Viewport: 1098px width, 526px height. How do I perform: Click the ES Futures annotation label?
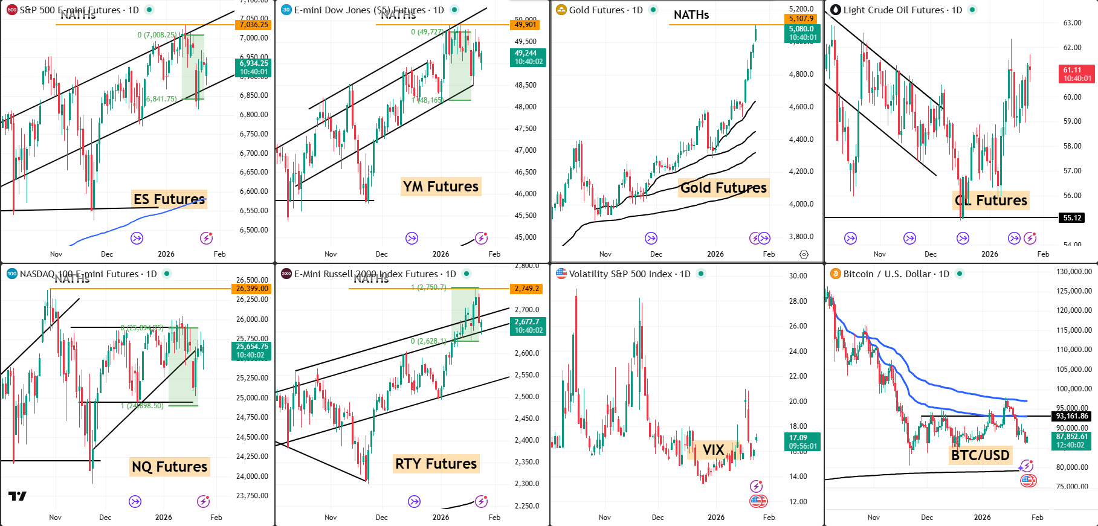click(169, 199)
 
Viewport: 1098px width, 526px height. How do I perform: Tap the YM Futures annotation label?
click(441, 187)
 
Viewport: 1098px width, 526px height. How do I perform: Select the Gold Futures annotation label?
click(723, 188)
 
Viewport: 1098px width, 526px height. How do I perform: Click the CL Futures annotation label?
click(991, 200)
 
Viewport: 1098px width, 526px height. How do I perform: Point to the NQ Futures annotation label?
click(169, 467)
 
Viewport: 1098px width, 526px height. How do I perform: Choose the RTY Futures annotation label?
click(436, 464)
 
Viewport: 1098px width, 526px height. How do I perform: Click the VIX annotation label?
click(713, 450)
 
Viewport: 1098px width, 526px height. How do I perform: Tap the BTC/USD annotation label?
click(980, 455)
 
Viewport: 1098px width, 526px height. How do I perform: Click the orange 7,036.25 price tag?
click(254, 25)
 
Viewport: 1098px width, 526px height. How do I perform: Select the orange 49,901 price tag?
click(526, 25)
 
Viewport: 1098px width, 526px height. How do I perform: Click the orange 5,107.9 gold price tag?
click(801, 19)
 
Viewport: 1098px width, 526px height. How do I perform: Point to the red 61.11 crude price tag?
click(1077, 70)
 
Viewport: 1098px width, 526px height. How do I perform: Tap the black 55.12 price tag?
click(1072, 218)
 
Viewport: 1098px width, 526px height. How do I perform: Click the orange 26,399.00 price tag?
click(252, 289)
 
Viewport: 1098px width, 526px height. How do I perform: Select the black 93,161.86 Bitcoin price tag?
click(1072, 416)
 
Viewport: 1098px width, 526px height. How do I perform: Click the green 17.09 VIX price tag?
click(803, 438)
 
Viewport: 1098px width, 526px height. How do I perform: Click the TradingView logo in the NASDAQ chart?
click(17, 496)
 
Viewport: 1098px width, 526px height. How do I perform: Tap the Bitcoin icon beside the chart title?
click(836, 274)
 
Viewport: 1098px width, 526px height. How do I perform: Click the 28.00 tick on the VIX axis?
click(798, 301)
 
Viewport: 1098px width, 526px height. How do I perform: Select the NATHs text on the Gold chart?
click(691, 15)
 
